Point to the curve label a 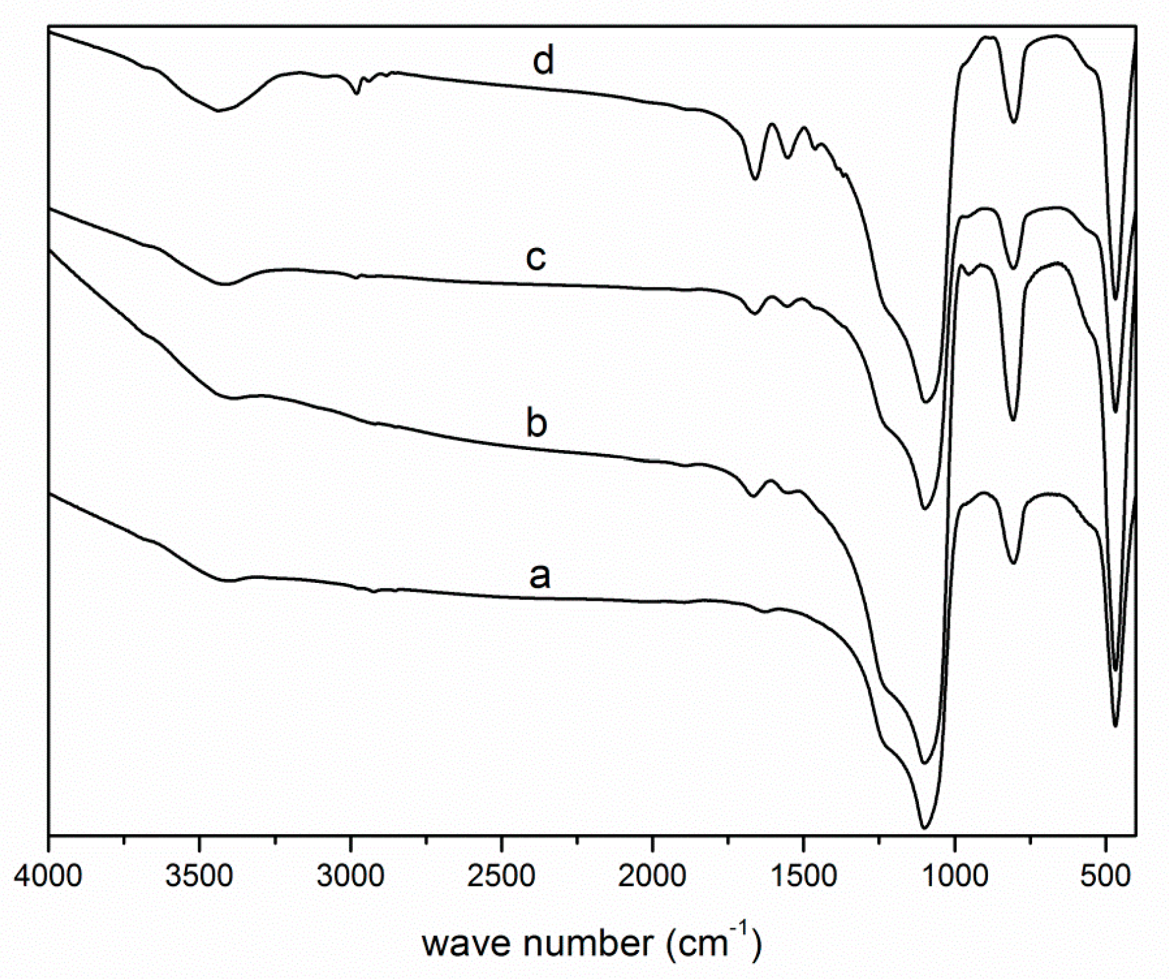coord(540,576)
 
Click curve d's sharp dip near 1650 coord(755,178)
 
